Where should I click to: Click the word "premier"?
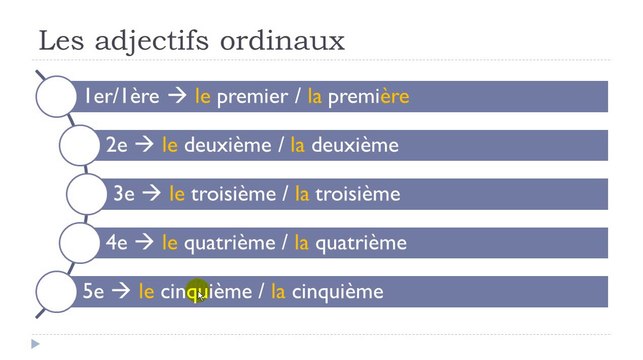[250, 96]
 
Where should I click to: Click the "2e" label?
[117, 145]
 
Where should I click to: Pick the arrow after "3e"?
[151, 194]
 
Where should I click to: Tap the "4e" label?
[117, 243]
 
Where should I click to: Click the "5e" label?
[94, 292]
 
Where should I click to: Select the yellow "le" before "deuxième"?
[170, 145]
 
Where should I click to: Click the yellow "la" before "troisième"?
[301, 194]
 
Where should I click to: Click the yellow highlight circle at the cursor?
[198, 292]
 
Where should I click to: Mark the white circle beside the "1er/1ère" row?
[55, 96]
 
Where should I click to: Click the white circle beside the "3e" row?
[87, 194]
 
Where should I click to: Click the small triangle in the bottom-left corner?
[35, 344]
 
